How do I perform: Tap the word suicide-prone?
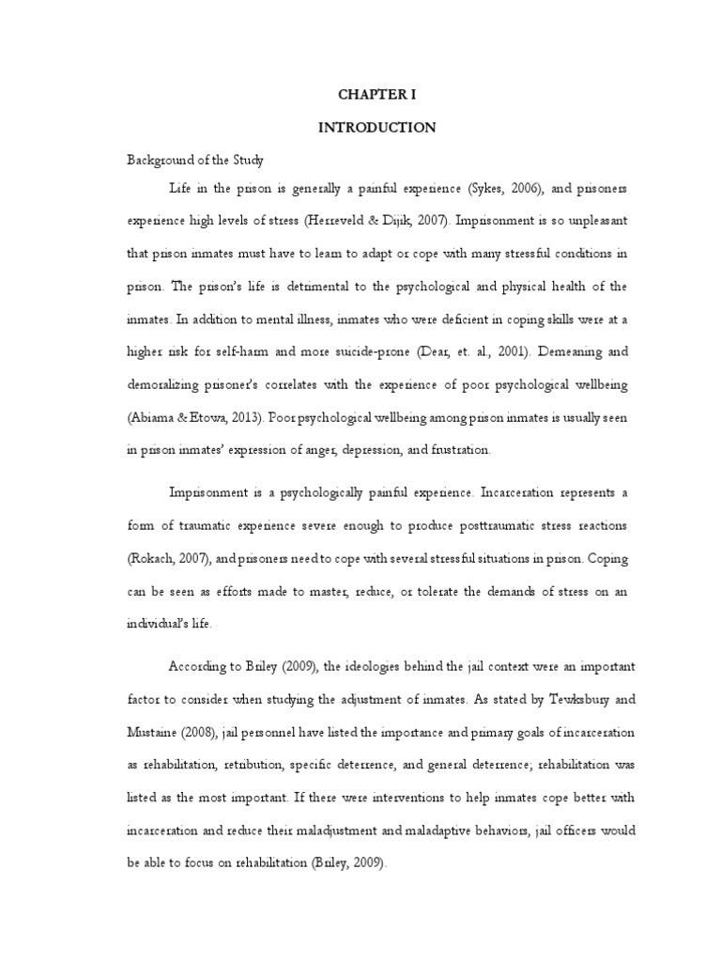coord(357,352)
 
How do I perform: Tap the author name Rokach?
coord(153,557)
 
